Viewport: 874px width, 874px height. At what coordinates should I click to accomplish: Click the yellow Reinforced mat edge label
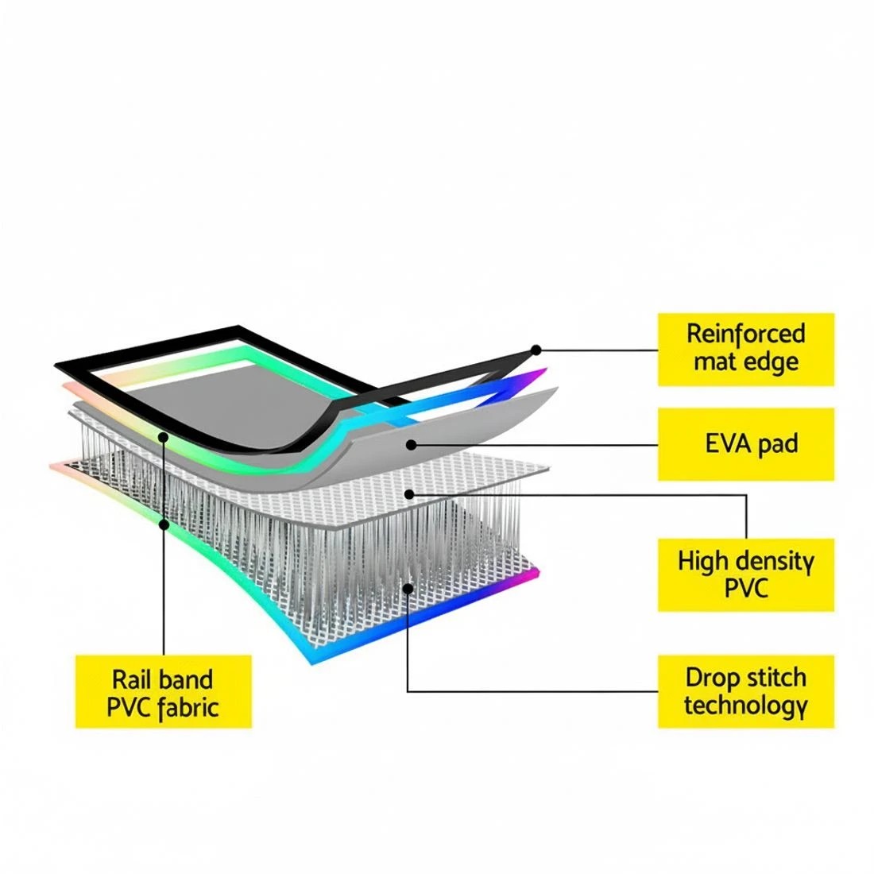coord(746,350)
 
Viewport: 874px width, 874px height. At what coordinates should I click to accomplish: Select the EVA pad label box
coord(746,444)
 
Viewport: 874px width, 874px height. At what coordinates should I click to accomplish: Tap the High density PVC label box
coord(746,574)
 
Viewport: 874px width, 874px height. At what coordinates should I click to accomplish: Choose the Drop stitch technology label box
coord(746,691)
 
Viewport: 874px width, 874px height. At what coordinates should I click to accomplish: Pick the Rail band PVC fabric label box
coord(164,691)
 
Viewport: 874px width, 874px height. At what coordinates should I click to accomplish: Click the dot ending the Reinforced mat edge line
coord(536,350)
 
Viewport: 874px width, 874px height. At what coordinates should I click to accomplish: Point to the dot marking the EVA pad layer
coord(412,445)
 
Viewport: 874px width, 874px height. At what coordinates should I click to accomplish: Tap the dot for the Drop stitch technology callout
coord(408,588)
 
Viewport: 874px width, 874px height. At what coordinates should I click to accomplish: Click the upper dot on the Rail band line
coord(164,438)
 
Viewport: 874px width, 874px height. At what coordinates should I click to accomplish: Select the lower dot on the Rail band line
coord(164,524)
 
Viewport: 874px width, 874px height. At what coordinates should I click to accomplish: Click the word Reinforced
coord(746,334)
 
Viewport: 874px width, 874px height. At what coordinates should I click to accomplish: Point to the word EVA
coord(727,443)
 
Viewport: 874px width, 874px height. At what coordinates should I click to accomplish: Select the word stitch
coord(776,678)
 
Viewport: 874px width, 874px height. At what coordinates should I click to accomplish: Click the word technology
coord(746,706)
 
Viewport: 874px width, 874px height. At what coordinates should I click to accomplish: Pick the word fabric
coord(188,707)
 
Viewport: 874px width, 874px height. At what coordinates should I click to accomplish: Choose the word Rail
coord(128,679)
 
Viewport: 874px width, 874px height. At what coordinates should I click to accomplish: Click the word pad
coord(776,445)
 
